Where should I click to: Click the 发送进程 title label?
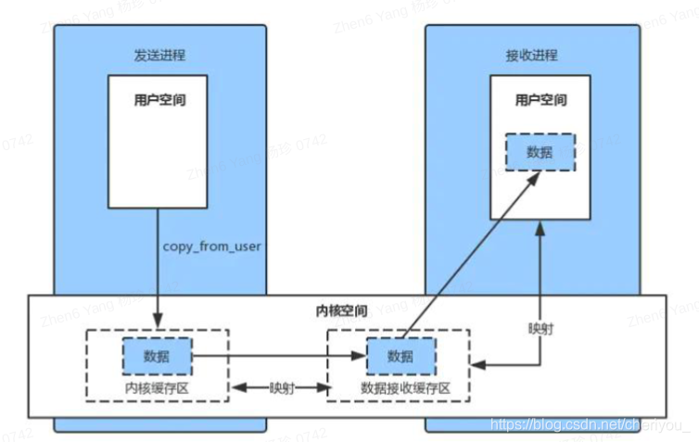(160, 55)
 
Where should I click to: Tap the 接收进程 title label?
(532, 55)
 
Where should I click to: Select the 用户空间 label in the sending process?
(160, 99)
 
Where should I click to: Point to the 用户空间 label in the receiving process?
(540, 99)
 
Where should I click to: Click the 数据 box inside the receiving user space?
(540, 152)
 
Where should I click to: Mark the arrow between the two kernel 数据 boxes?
(278, 355)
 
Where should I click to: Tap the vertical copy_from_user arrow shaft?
(156, 269)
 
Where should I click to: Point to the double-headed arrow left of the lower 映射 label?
(248, 388)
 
